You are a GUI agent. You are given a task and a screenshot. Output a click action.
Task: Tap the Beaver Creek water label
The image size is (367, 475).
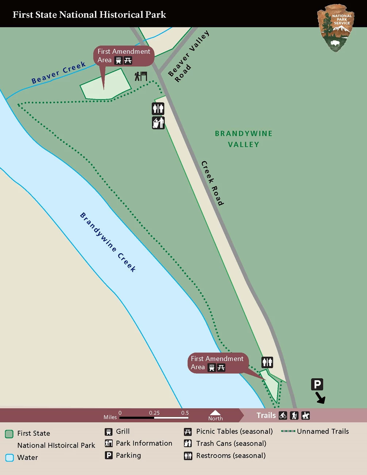point(58,72)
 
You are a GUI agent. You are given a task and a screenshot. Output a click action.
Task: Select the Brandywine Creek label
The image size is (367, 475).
point(108,242)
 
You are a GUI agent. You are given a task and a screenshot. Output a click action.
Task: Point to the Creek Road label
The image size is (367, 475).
point(213,183)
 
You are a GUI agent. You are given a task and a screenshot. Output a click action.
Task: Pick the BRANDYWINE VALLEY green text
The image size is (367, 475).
point(244,139)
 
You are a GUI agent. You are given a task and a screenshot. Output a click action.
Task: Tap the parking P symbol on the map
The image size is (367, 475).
point(317,384)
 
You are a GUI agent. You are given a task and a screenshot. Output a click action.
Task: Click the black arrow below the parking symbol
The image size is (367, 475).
point(320,398)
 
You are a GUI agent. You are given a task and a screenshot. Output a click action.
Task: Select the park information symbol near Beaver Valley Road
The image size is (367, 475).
point(141,76)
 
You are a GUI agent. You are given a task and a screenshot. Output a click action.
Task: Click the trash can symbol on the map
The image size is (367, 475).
point(158,123)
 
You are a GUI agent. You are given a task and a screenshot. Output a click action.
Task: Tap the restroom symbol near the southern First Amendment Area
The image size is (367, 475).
point(267,362)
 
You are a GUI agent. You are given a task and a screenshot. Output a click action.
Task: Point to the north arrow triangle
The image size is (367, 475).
point(215,413)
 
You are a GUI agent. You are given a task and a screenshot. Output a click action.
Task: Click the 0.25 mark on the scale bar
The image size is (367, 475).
point(154,417)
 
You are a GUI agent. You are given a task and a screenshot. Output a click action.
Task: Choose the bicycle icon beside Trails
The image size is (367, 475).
point(283,415)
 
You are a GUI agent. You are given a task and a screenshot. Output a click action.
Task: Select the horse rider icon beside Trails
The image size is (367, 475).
point(305,415)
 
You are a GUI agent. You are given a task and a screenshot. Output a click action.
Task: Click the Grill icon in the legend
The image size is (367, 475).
point(108,432)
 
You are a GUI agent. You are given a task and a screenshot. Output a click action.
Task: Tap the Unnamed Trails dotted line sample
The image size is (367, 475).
point(288,431)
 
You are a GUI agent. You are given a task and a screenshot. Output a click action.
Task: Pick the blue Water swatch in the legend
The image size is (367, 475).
point(9,457)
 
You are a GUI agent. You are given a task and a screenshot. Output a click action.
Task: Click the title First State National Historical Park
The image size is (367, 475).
point(89,15)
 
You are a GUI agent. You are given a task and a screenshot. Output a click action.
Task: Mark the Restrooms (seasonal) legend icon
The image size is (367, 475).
point(188,456)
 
